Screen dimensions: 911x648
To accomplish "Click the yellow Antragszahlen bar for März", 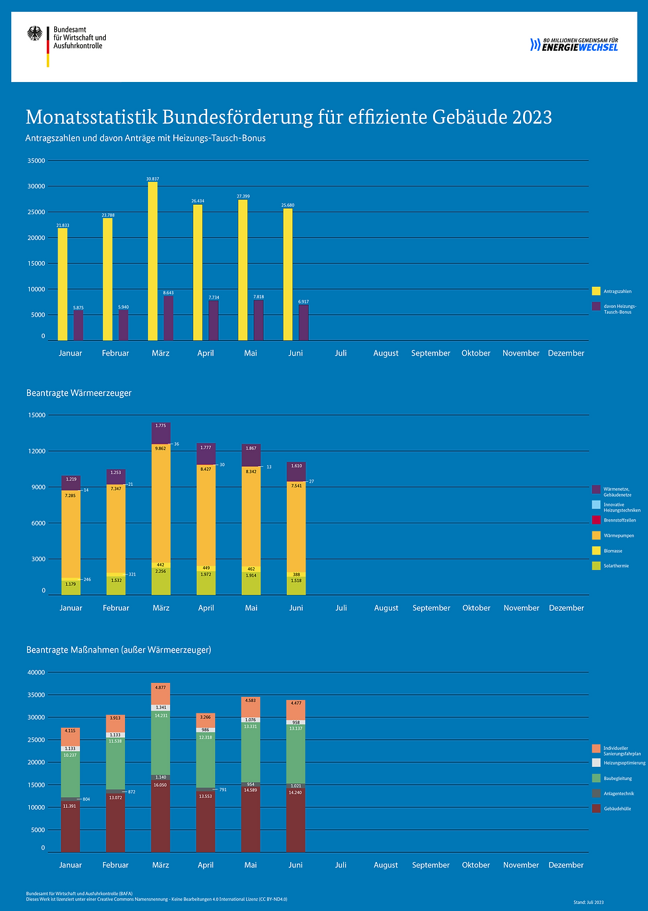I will pos(153,261).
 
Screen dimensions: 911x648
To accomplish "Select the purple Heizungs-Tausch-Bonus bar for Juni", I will pos(304,323).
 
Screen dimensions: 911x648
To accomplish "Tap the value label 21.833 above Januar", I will pos(63,225).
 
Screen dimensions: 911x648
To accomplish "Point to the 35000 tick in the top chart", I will pos(36,161).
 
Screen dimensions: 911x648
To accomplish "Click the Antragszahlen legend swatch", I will pos(596,291).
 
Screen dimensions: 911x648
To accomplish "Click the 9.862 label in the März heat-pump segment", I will pos(161,448).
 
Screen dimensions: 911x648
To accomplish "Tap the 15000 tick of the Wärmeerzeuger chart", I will pos(36,415).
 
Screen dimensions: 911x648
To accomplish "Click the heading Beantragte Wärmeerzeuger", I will pos(79,393).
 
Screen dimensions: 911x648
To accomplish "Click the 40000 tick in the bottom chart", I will pos(36,672).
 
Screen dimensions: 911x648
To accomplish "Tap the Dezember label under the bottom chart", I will pos(566,865).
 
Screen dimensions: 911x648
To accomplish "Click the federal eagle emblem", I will pos(35,34).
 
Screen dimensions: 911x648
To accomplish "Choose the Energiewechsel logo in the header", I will pos(574,44).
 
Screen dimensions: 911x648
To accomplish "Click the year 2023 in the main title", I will pos(532,117).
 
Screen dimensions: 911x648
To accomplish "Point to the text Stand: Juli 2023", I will pos(588,902).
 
